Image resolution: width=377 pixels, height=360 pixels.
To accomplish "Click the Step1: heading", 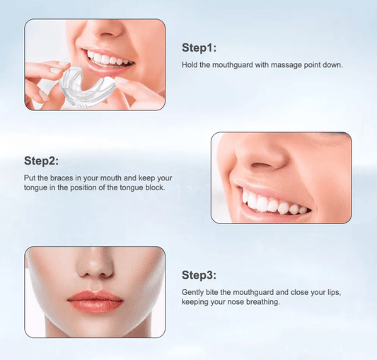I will pyautogui.click(x=199, y=48).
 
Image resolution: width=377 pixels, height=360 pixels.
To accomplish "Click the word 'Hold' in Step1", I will pyautogui.click(x=190, y=66).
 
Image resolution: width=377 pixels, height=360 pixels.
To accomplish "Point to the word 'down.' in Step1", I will pyautogui.click(x=333, y=66).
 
